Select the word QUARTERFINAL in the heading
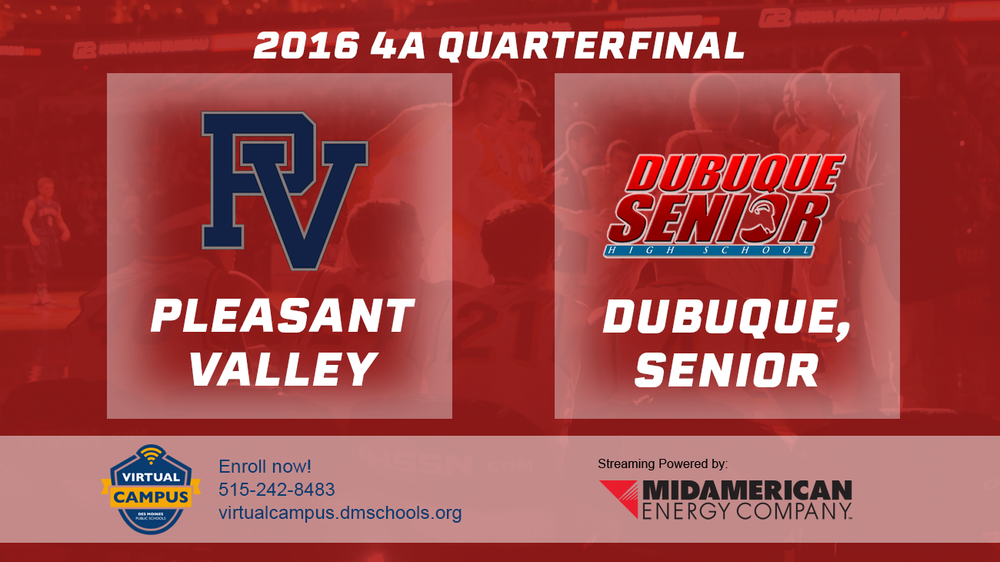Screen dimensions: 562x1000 point(592,46)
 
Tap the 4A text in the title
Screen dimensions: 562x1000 point(398,46)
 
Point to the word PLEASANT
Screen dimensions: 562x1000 point(282,317)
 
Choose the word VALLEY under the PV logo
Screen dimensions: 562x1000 point(282,370)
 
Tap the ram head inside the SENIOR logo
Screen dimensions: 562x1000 point(772,219)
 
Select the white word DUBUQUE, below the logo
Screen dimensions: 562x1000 point(727,317)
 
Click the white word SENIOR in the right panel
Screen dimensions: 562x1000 point(726,371)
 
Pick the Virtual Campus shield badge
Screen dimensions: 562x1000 point(151,490)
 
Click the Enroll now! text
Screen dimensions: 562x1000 point(265,467)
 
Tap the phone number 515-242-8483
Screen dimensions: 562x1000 point(277,490)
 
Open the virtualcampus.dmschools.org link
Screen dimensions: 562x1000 point(340,513)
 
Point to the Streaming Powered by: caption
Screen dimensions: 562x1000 point(662,463)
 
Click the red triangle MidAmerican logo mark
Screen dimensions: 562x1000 point(618,497)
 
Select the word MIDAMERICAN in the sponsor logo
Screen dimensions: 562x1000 point(747,490)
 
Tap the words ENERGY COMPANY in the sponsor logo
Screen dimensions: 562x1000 point(747,510)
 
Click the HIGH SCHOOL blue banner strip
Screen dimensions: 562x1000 point(708,251)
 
